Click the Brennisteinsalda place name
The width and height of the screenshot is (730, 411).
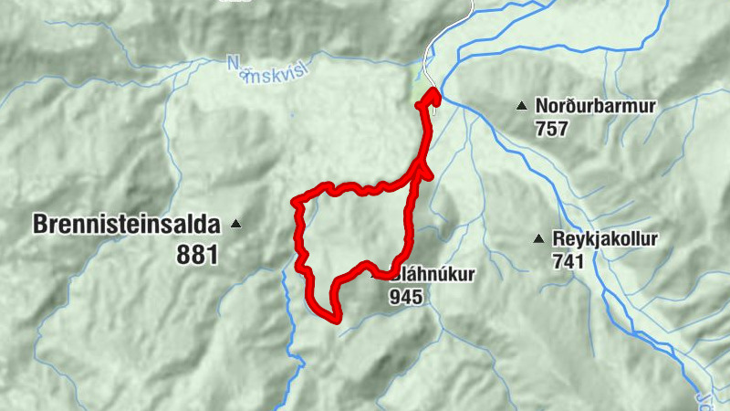[x=128, y=223]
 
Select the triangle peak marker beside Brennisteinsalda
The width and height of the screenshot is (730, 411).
[x=236, y=223]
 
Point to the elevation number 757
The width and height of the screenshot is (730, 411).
[x=552, y=128]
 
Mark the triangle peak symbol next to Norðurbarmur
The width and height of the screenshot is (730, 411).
[x=521, y=106]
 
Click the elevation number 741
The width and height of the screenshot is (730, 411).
[x=568, y=261]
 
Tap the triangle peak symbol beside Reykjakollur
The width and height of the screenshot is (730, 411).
[x=538, y=239]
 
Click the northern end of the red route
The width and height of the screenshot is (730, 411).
[x=433, y=93]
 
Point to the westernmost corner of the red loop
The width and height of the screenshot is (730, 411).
[x=295, y=201]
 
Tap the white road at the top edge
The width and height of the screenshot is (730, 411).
[x=470, y=7]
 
